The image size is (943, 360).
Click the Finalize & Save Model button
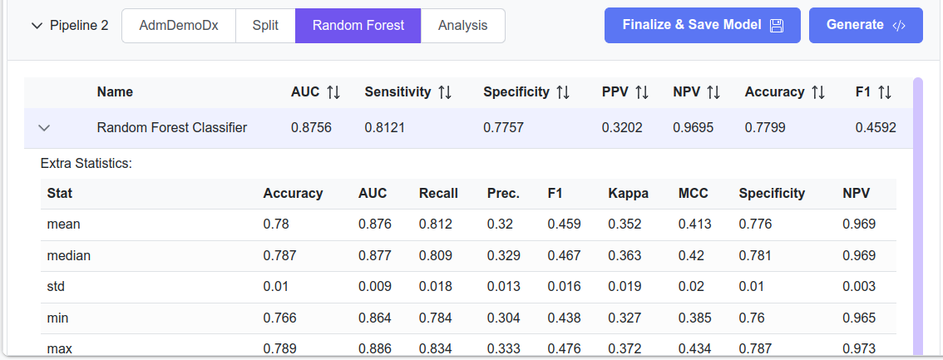[702, 25]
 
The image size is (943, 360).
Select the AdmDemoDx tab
[179, 25]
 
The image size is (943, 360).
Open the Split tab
[265, 25]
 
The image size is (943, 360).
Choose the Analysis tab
[462, 25]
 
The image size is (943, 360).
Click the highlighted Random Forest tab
[358, 25]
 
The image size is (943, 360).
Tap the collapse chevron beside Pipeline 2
[36, 26]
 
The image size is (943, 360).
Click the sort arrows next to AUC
[333, 92]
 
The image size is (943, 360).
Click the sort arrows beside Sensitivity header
[445, 92]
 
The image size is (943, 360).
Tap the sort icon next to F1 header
[884, 92]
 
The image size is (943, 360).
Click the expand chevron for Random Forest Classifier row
[45, 128]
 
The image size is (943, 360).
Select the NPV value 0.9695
[693, 128]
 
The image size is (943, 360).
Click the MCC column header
[693, 193]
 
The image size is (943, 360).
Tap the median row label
[69, 255]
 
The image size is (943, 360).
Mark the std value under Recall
[436, 286]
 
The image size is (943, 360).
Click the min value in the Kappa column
[625, 318]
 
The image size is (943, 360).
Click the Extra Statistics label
[86, 163]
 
